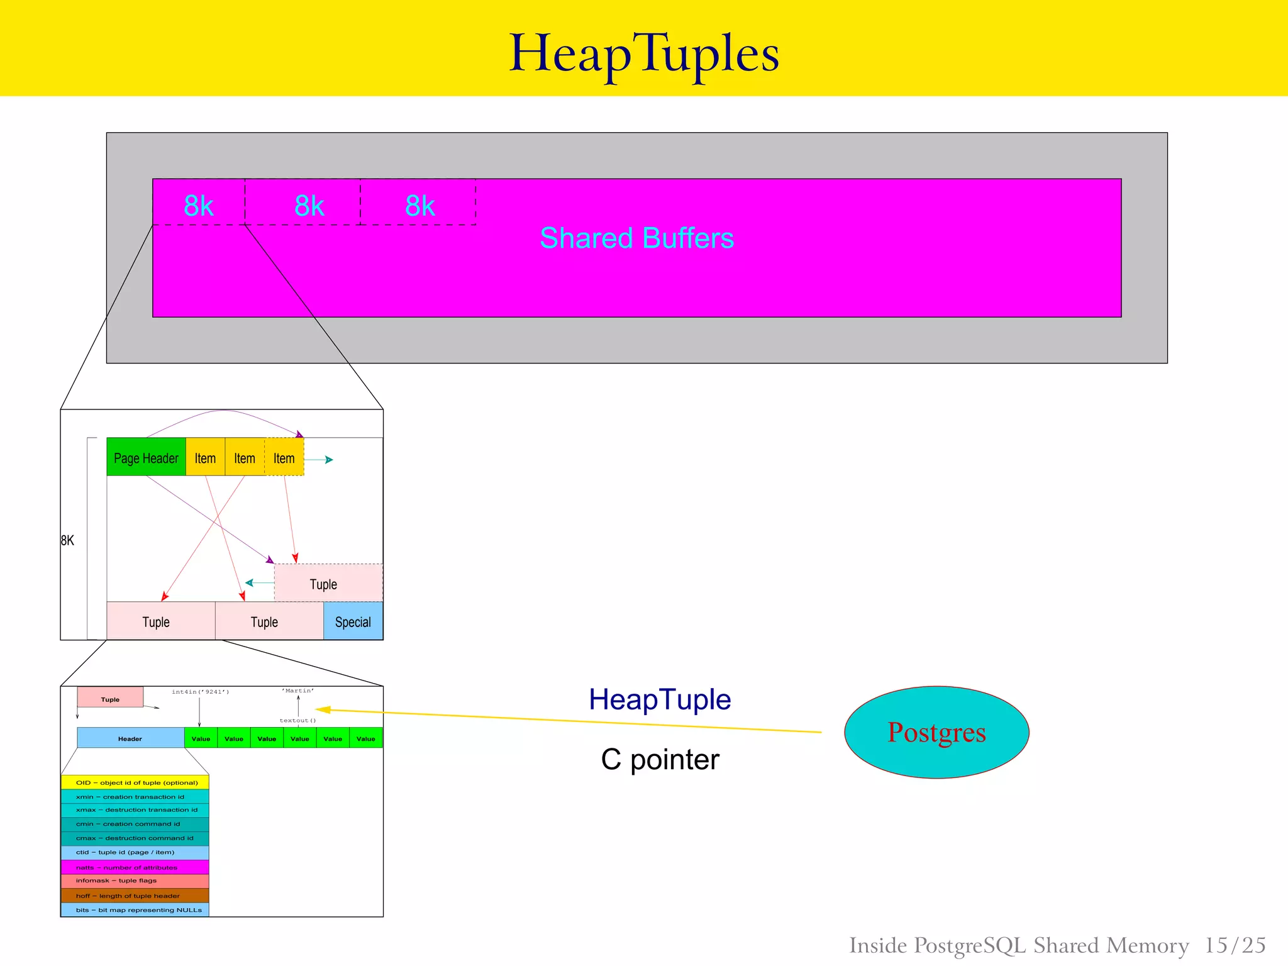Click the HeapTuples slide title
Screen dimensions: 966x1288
[643, 54]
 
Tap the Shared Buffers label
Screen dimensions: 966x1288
[636, 238]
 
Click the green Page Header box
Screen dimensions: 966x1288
[146, 457]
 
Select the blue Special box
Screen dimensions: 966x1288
[353, 621]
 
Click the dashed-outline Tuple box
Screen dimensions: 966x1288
[328, 583]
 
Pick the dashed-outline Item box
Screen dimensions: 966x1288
[284, 457]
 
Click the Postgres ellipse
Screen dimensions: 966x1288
[936, 732]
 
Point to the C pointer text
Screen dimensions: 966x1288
[660, 760]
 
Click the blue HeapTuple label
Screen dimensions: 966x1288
[660, 699]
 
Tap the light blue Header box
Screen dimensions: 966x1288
[130, 738]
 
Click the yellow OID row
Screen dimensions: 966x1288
[135, 782]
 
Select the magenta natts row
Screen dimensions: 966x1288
[135, 867]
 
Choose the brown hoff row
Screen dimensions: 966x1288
[135, 896]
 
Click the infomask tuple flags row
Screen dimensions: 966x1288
[135, 881]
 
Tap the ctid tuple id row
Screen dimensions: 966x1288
[135, 853]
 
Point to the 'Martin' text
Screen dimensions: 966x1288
[298, 691]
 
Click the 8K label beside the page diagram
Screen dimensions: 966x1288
[67, 540]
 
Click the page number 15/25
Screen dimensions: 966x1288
[1235, 945]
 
